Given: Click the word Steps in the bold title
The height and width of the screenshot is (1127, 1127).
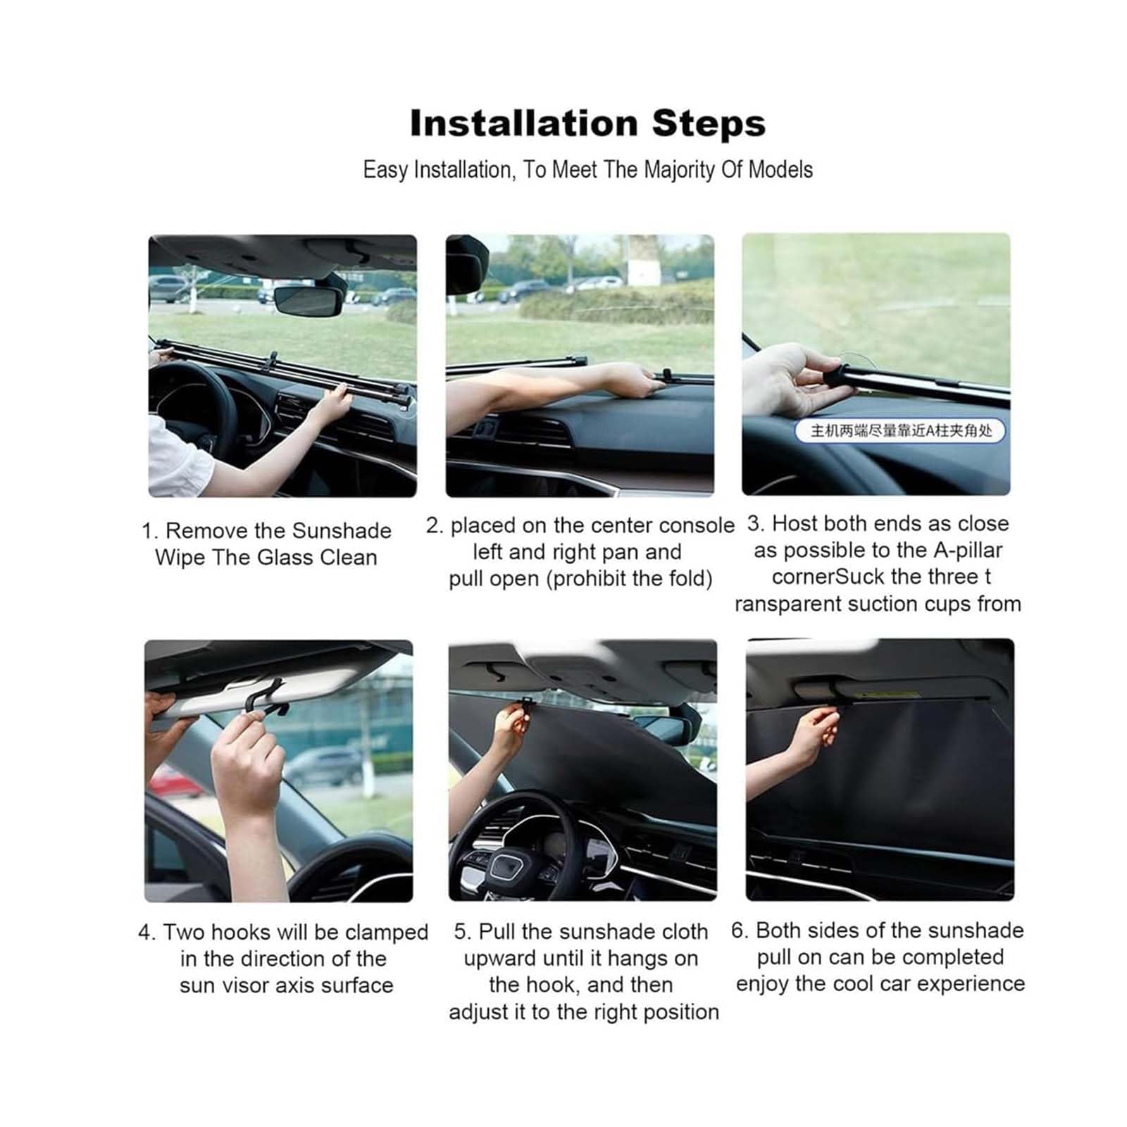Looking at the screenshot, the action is point(709,125).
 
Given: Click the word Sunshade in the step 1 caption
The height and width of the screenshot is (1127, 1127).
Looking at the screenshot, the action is point(342,530).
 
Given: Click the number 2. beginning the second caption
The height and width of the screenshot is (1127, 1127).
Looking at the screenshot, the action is point(434,525).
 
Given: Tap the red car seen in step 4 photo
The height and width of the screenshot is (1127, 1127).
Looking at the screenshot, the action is point(166,780).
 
